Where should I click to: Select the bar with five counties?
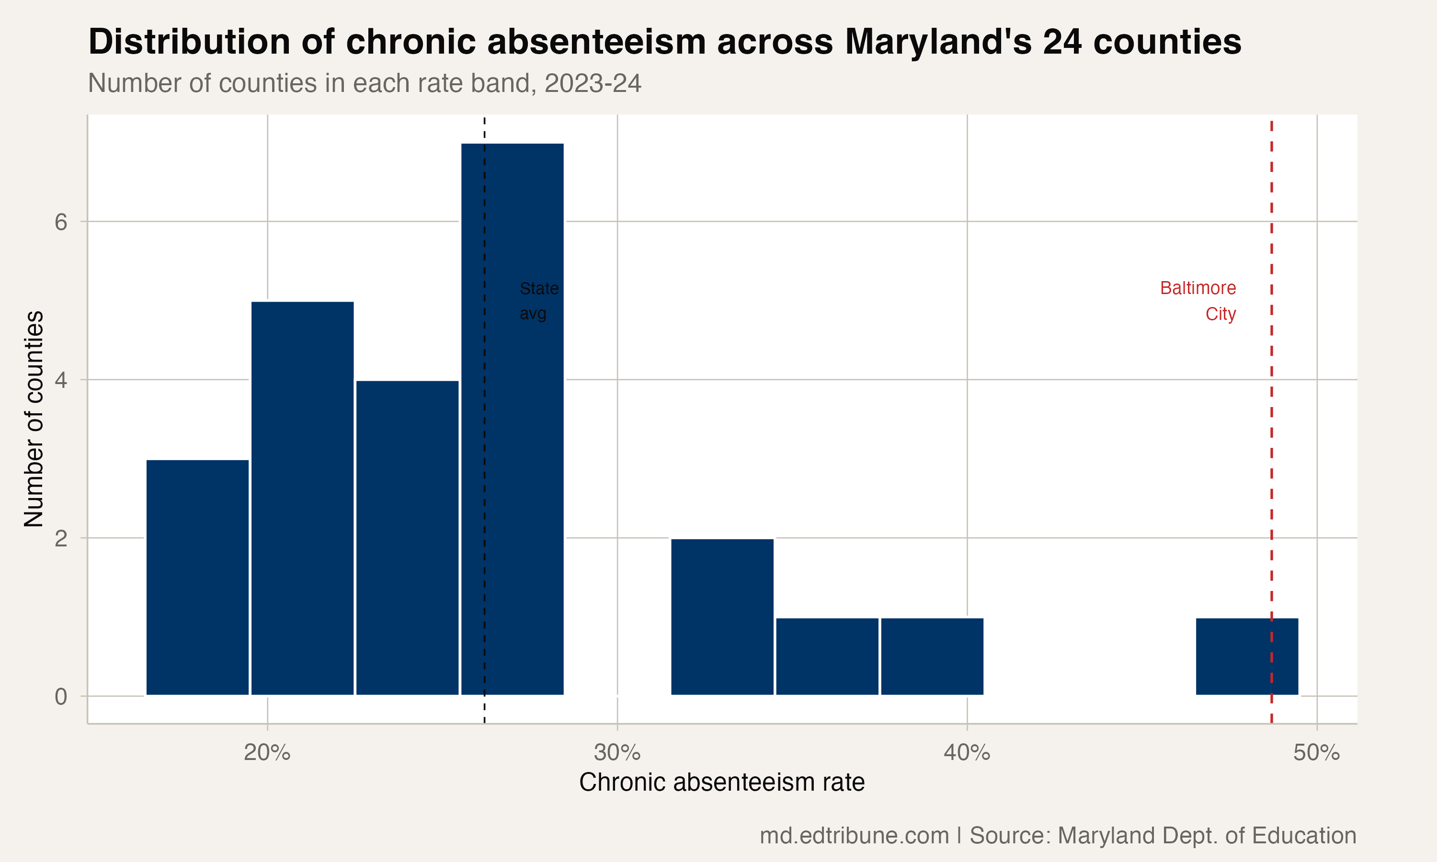coord(302,498)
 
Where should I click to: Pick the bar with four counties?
coord(407,537)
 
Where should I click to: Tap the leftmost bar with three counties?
coord(197,577)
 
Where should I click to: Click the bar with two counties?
coord(722,616)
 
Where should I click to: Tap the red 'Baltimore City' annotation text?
coord(1199,301)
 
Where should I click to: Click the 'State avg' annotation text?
coord(538,301)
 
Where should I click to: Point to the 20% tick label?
coord(267,753)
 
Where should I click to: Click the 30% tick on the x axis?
coord(617,753)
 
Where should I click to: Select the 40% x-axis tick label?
coord(967,753)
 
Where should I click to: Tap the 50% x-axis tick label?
coord(1316,753)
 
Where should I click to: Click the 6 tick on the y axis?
coord(61,222)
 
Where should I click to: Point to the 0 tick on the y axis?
coord(61,696)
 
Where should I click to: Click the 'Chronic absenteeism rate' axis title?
coord(721,783)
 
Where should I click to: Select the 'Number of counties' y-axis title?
coord(34,418)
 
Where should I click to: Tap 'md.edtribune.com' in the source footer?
coord(854,836)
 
